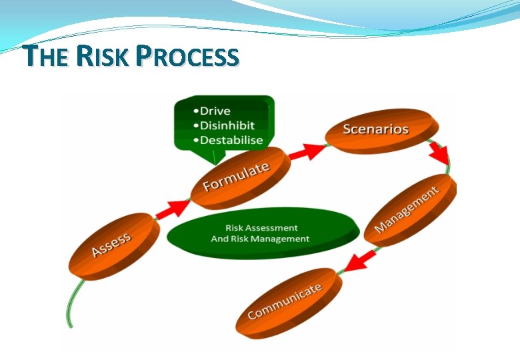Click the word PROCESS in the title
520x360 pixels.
[x=187, y=57]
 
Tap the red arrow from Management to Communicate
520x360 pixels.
[x=361, y=259]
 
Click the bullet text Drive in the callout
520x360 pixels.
[x=215, y=111]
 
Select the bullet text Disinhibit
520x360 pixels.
[x=227, y=125]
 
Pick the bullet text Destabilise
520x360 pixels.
[x=231, y=140]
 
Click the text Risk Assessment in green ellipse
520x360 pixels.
[x=261, y=227]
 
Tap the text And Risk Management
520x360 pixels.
[x=260, y=239]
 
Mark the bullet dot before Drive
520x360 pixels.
[x=195, y=111]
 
